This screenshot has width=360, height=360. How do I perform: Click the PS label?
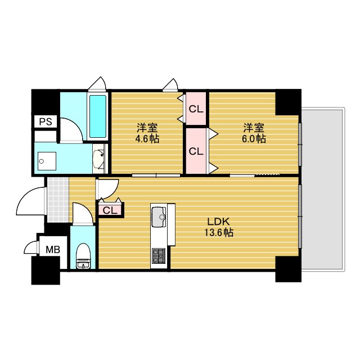(x=46, y=121)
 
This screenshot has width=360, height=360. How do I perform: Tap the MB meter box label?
(x=53, y=249)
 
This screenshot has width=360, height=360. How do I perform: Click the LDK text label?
(x=218, y=222)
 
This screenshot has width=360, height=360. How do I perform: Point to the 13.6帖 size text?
(x=219, y=232)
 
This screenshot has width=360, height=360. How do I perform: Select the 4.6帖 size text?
(x=147, y=139)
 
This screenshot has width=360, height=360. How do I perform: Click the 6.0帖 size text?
(x=254, y=139)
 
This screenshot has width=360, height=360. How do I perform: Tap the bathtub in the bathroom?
(x=97, y=116)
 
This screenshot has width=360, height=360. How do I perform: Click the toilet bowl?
(x=84, y=255)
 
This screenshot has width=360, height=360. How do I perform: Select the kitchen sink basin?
(x=159, y=217)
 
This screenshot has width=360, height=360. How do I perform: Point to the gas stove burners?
(x=159, y=255)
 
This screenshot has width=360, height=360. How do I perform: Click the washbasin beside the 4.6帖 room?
(x=99, y=159)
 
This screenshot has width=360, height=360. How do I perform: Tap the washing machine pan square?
(x=47, y=161)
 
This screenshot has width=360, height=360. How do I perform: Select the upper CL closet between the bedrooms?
(x=196, y=109)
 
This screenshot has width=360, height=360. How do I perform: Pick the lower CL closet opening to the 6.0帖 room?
(x=196, y=151)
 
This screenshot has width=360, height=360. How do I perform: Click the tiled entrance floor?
(x=58, y=200)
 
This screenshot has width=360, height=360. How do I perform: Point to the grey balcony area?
(x=323, y=189)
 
